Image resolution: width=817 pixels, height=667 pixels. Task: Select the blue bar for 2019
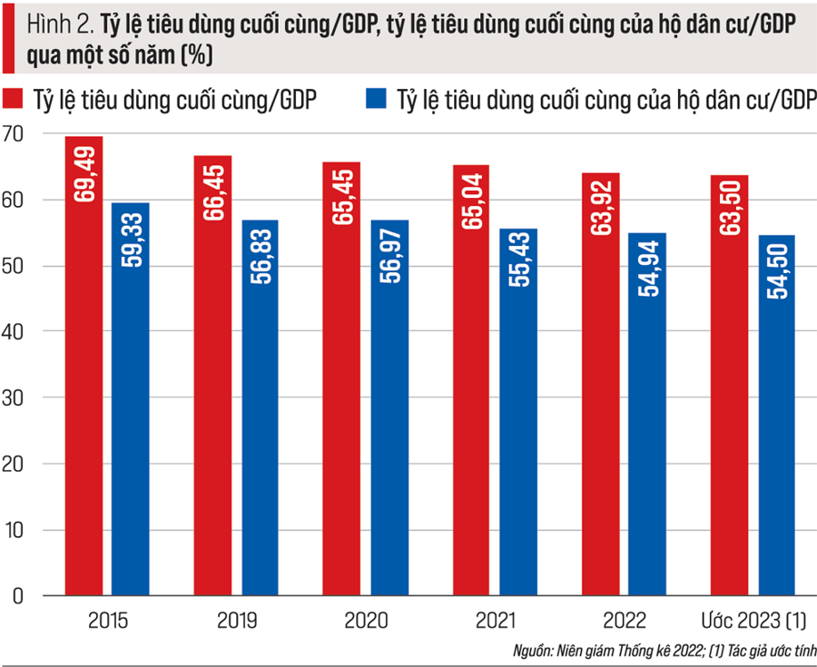pyautogui.click(x=260, y=408)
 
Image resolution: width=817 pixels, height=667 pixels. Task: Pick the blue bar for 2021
pyautogui.click(x=518, y=413)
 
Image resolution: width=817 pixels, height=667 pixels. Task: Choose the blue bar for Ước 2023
pyautogui.click(x=776, y=417)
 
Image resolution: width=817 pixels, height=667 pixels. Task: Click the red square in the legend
pyautogui.click(x=13, y=99)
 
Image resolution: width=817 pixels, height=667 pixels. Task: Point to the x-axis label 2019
pyautogui.click(x=238, y=622)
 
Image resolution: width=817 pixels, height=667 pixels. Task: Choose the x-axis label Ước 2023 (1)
pyautogui.click(x=753, y=622)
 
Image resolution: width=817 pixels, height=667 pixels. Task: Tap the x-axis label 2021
pyautogui.click(x=495, y=622)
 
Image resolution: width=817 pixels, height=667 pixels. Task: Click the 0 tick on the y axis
pyautogui.click(x=17, y=596)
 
